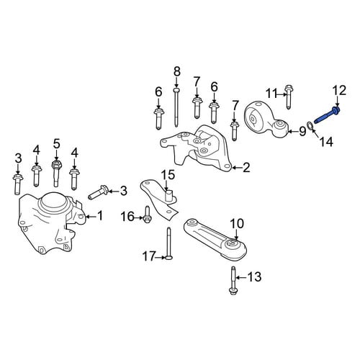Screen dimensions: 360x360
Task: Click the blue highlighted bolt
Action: click(326, 116)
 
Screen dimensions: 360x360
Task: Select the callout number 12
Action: click(339, 91)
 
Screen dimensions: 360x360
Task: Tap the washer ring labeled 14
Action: click(310, 125)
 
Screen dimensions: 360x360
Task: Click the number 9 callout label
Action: click(302, 131)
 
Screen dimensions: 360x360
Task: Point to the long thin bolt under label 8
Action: click(176, 107)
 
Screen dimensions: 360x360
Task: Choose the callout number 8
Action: click(176, 71)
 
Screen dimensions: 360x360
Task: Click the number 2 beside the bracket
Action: click(246, 168)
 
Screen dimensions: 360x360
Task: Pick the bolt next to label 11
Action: click(289, 97)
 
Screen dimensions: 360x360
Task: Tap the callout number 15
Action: click(168, 175)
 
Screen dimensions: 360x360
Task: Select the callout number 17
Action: click(150, 256)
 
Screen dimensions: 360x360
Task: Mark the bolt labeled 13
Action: click(233, 280)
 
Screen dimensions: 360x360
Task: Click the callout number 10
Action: click(237, 224)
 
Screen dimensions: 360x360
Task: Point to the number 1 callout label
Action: click(100, 215)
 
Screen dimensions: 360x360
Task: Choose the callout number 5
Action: click(56, 144)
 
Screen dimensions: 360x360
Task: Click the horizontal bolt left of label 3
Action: click(99, 194)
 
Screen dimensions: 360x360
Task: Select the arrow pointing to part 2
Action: click(237, 168)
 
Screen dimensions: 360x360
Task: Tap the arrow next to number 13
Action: click(241, 278)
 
